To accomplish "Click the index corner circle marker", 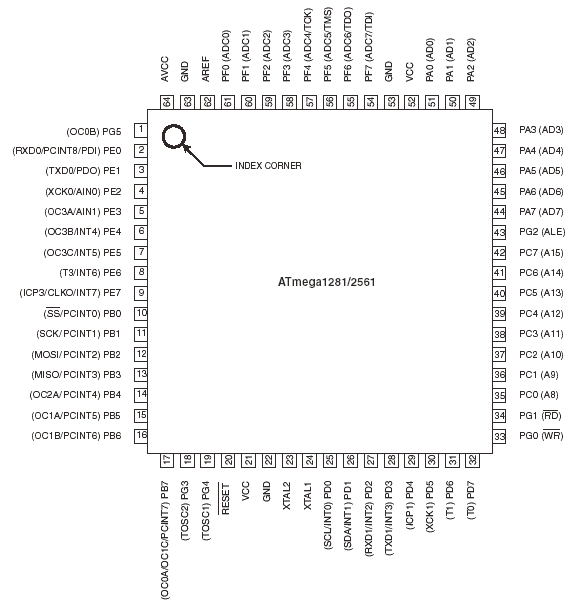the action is [163, 136].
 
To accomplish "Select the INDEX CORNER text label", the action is [268, 166].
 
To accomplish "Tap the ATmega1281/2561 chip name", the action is [327, 282].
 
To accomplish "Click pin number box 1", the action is [141, 130].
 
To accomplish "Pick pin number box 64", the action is [167, 102].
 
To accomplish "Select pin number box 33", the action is [499, 436].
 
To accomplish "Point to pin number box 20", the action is [228, 460].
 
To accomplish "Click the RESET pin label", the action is [225, 499].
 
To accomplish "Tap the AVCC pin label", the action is [165, 69].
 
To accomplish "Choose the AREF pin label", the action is [206, 69].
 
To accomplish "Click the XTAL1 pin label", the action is [308, 496].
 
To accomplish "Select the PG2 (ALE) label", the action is [542, 232].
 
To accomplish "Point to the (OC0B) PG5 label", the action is [94, 132].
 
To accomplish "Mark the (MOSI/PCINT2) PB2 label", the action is [76, 354].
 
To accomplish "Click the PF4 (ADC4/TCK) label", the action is [308, 45].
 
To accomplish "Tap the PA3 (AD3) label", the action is [541, 130].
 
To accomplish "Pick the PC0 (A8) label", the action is [539, 395].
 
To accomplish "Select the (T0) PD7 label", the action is [471, 500].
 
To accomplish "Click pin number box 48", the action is [499, 130].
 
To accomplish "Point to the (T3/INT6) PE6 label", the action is [90, 273].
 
